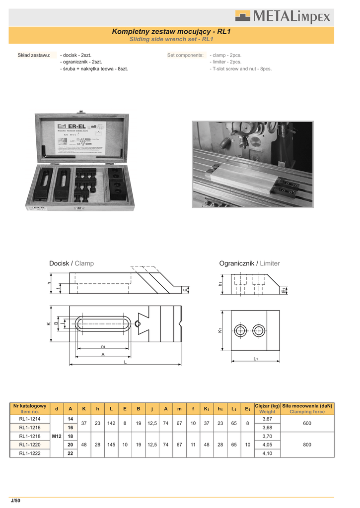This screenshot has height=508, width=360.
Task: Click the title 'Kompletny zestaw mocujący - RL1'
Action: point(171,31)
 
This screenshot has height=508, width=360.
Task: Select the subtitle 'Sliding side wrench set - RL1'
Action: point(171,39)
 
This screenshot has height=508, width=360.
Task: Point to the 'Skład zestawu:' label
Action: point(34,55)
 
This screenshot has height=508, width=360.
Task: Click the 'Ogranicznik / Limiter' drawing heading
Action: point(249,263)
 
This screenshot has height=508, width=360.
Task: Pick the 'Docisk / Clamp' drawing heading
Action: point(72,263)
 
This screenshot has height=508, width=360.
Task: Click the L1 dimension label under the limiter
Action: point(256,358)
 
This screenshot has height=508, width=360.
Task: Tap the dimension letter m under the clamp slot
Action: point(103,347)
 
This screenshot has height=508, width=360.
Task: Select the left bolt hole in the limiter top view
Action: point(241,330)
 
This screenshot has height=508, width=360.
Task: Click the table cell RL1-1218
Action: point(30,436)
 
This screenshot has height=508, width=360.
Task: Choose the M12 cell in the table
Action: point(57,436)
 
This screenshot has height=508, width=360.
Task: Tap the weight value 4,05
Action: point(267,444)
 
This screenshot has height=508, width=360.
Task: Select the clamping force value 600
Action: point(307,423)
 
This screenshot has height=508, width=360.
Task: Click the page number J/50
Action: point(16,501)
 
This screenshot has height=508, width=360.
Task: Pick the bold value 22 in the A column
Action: point(70,453)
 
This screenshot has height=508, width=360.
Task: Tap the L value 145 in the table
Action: point(111,444)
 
